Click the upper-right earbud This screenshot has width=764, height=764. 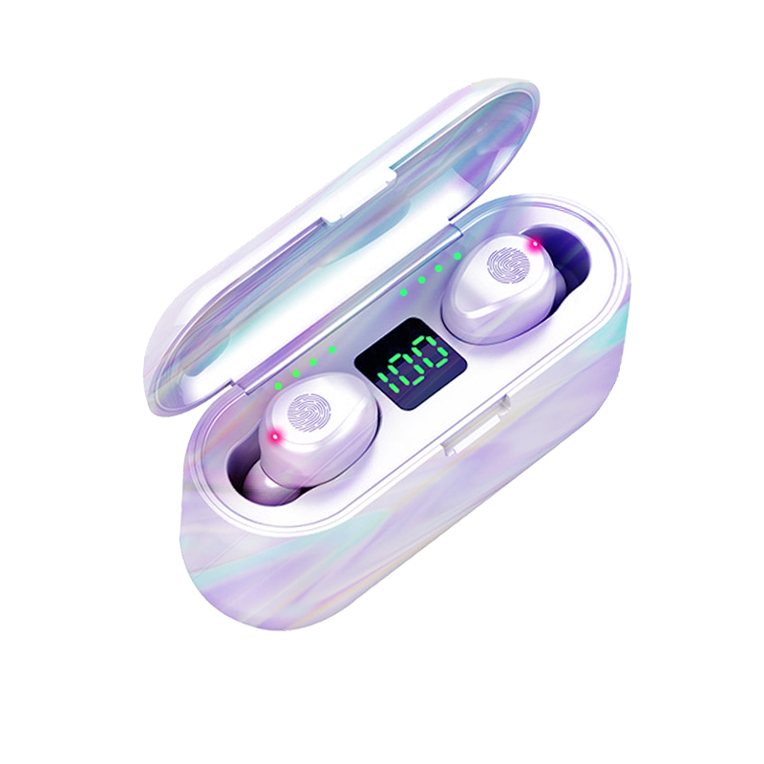coord(499,287)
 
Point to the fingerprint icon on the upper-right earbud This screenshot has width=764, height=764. coord(508,265)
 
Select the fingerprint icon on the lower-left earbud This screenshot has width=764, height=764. coord(308,414)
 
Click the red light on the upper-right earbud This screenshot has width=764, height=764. coord(535,244)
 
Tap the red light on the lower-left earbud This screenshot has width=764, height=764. coord(275,436)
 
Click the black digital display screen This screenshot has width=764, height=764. coord(411,364)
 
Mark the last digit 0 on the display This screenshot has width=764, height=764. coord(432,351)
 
